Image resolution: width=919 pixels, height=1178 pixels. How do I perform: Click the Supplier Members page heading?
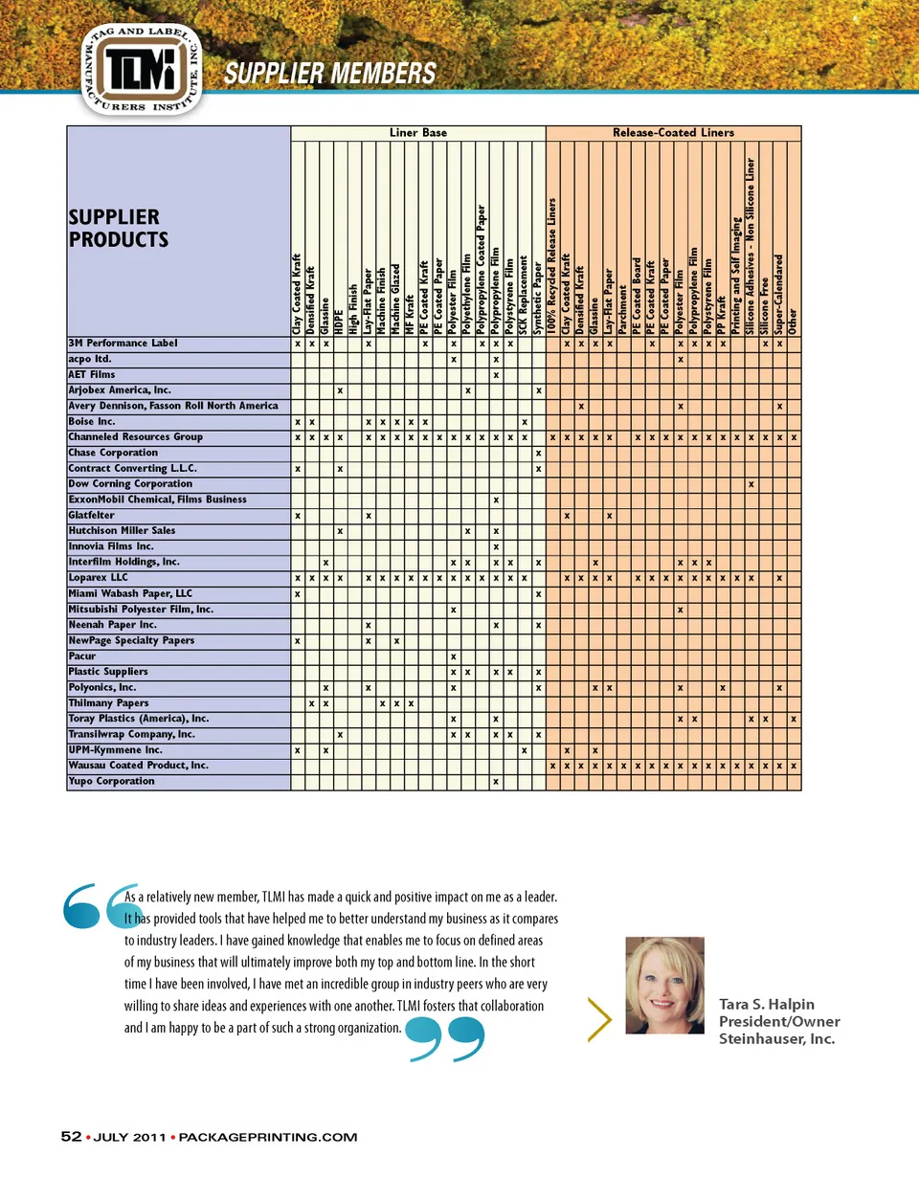coord(329,75)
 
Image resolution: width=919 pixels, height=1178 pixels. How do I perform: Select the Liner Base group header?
coord(417,133)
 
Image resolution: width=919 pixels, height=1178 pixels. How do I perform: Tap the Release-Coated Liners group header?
coord(673,133)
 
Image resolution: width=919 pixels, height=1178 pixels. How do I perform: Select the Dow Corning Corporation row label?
coord(144,484)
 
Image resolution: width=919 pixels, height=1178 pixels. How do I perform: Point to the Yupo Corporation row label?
coord(111,782)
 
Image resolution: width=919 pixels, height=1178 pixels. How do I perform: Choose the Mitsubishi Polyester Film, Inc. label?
coord(141,609)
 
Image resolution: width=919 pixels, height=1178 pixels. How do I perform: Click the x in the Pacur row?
coord(452,656)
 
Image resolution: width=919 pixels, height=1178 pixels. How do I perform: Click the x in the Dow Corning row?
coord(751,484)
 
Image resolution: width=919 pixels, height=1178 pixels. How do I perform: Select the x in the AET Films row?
coord(494,374)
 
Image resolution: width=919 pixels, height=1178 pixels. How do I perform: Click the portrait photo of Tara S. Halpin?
coord(664,985)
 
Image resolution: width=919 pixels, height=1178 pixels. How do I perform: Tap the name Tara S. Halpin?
coord(767,1004)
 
